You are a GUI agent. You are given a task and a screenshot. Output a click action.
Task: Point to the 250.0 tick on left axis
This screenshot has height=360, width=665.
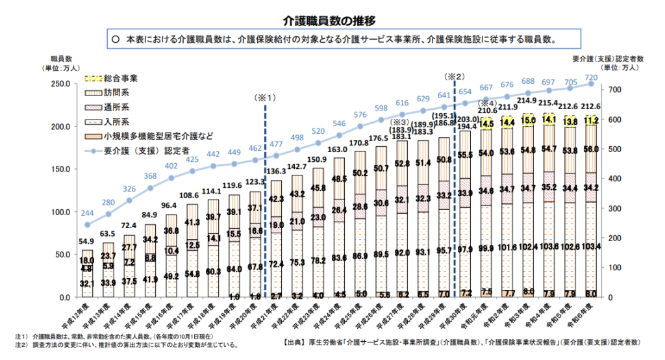pos(64,84)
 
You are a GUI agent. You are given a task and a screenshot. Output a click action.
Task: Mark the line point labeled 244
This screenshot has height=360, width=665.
pos(88,225)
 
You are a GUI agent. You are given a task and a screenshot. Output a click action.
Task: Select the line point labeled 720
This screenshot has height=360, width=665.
pos(591,84)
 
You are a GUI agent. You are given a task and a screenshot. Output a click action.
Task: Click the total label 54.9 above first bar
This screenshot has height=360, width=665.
pos(88,242)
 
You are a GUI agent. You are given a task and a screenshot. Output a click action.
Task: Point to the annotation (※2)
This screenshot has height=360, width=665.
pos(455,76)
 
